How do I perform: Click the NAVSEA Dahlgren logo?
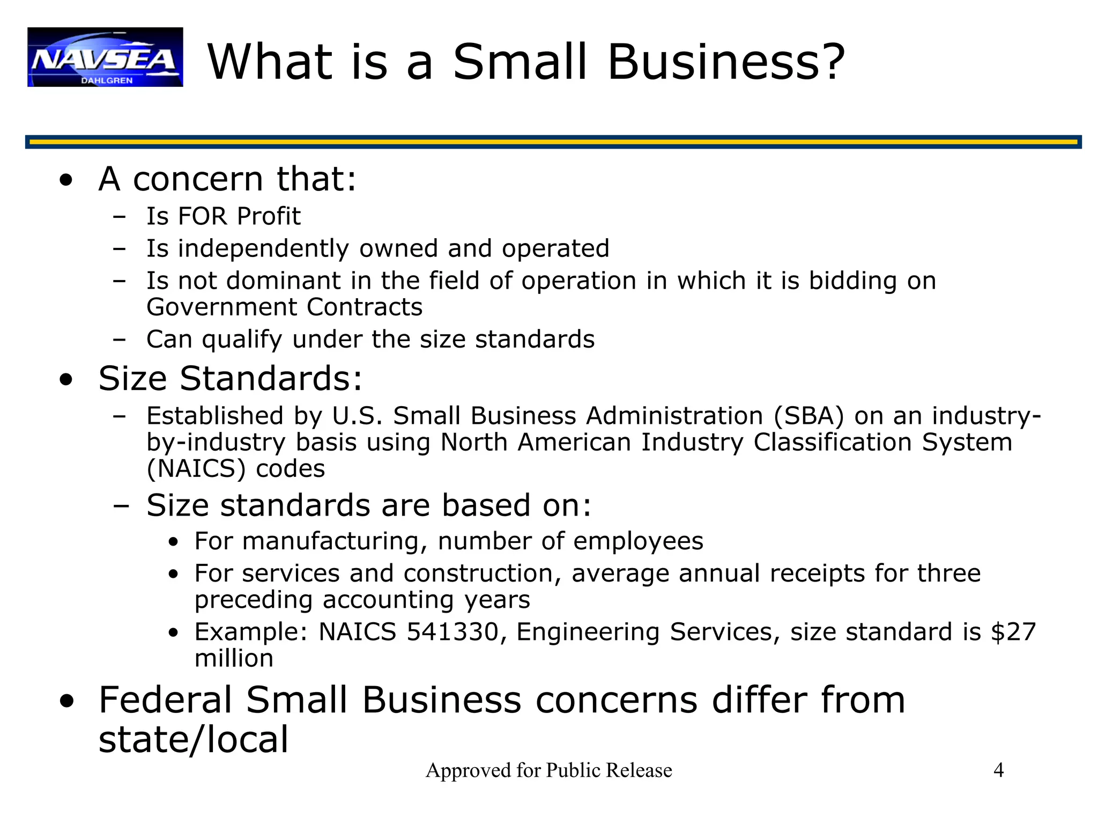tap(105, 57)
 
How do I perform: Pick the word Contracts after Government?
tap(365, 307)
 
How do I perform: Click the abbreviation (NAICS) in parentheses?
tap(196, 469)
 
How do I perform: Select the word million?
tap(234, 658)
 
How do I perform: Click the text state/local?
tap(194, 740)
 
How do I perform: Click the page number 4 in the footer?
tap(998, 770)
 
